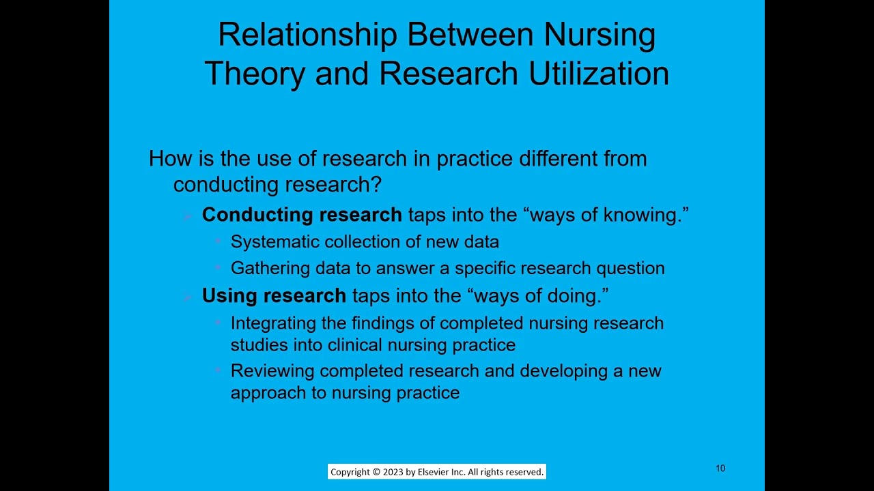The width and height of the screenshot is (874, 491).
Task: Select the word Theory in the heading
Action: [253, 74]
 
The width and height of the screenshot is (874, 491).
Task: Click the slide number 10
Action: [720, 468]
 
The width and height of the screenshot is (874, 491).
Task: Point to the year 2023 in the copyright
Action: [393, 472]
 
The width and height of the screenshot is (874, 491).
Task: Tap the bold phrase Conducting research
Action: [302, 215]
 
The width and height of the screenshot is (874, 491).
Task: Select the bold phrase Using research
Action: [274, 296]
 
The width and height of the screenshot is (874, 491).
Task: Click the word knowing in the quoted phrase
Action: [643, 215]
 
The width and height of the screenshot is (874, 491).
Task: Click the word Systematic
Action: [275, 242]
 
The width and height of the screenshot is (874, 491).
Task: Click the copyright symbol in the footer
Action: [376, 472]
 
